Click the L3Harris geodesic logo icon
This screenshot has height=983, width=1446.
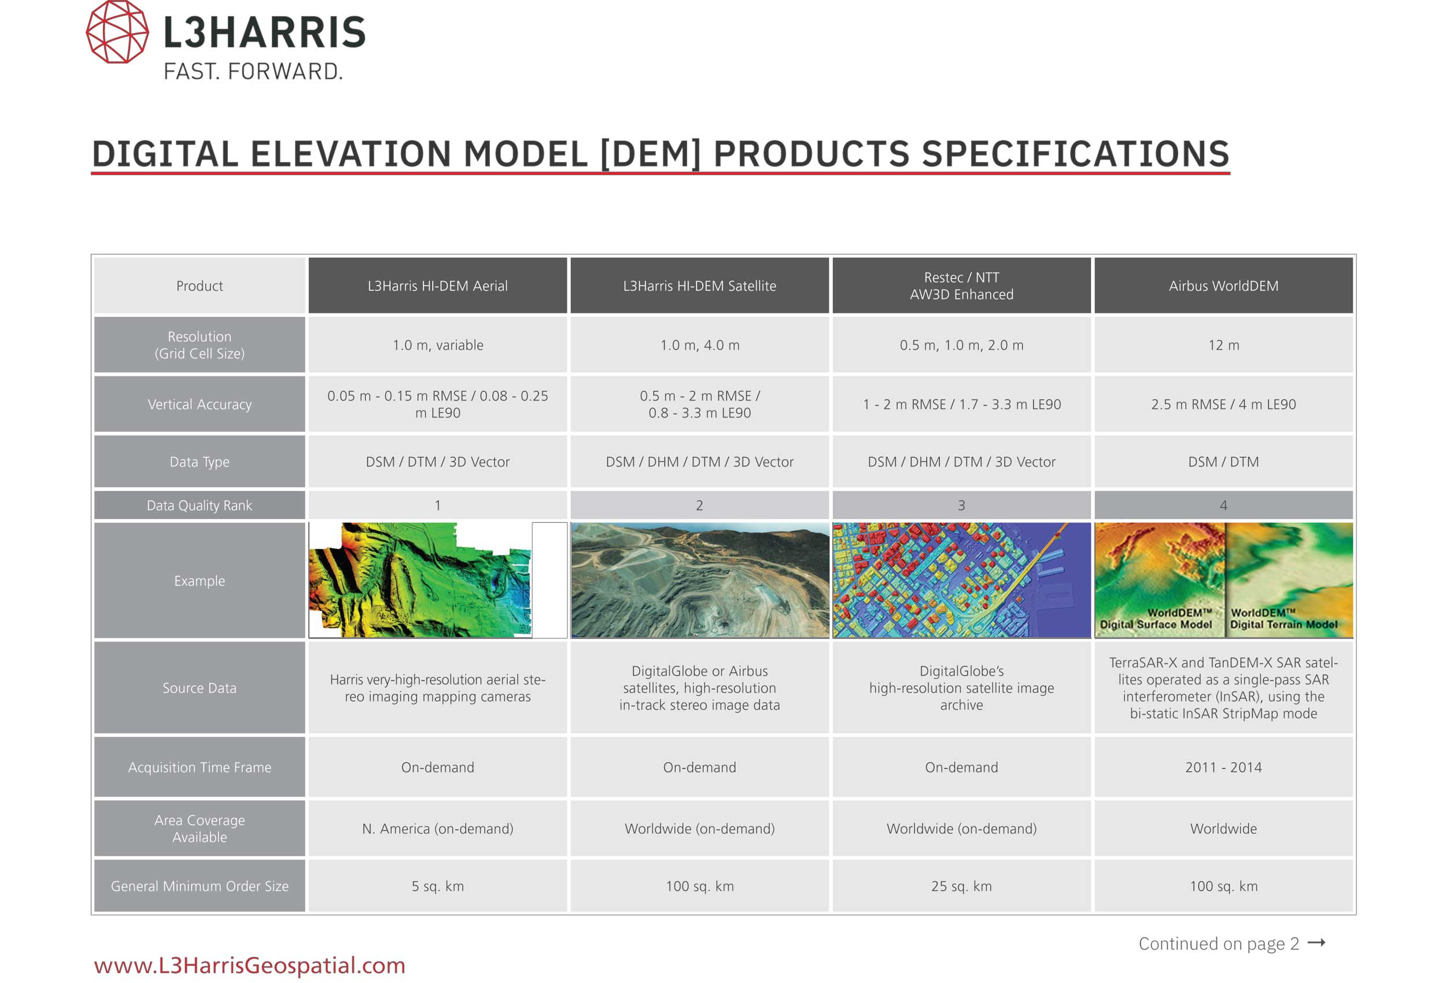pos(117,31)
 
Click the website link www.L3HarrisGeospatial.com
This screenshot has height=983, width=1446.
pos(249,965)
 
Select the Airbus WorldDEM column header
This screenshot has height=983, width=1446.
pos(1223,286)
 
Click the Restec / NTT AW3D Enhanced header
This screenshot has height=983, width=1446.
pos(961,286)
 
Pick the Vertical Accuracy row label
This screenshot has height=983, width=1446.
pos(200,404)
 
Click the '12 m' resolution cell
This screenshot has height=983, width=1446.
pos(1223,345)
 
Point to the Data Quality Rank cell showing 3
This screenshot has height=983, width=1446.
pos(961,505)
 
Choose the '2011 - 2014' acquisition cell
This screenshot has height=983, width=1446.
pos(1223,767)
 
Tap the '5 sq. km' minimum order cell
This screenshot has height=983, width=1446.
pos(437,886)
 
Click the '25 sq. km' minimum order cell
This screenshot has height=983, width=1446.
pos(961,886)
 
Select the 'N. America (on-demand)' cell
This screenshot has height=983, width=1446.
pos(437,828)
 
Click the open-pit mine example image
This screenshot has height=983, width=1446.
pos(700,580)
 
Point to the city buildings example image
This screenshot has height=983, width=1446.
pos(961,580)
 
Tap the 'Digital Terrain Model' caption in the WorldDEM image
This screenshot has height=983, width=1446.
pos(1283,624)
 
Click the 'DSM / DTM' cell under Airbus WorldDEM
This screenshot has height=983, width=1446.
pos(1223,461)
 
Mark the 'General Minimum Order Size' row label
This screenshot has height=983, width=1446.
pos(200,886)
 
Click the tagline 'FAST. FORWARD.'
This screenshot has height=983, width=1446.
pos(253,72)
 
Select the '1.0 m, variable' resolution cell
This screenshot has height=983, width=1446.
pos(437,345)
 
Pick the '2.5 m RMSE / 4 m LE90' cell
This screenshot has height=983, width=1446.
pos(1223,404)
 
